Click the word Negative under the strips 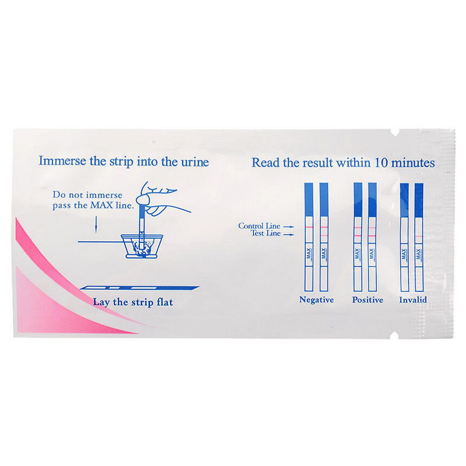point(316,300)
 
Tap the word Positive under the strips point(368,299)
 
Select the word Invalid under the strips point(413,299)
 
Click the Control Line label point(259,226)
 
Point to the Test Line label point(266,234)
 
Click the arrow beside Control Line point(288,227)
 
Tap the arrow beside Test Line point(288,235)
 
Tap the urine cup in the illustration point(142,246)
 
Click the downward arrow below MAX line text point(96,224)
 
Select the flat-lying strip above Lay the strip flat point(139,288)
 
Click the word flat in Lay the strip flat point(165,302)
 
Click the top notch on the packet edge point(394,133)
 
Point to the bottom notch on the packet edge point(394,335)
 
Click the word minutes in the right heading point(413,163)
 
